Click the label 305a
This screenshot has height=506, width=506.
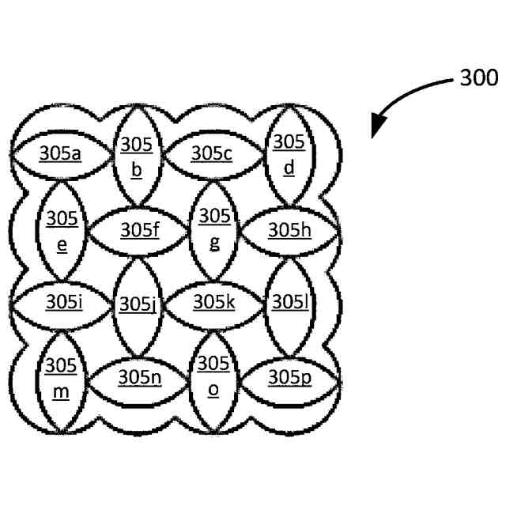pyautogui.click(x=59, y=153)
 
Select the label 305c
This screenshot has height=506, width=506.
pyautogui.click(x=212, y=153)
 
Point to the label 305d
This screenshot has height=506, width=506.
pyautogui.click(x=289, y=154)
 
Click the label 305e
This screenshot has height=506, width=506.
pyautogui.click(x=62, y=229)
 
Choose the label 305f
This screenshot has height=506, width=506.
pyautogui.click(x=140, y=230)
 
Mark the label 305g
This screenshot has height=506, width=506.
pyautogui.click(x=214, y=228)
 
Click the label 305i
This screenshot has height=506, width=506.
pyautogui.click(x=62, y=302)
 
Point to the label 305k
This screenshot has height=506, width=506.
pyautogui.click(x=214, y=302)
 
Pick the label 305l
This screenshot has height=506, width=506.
pyautogui.click(x=285, y=302)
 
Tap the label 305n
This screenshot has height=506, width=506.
pyautogui.click(x=140, y=377)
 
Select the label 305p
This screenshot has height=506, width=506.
pyautogui.click(x=289, y=377)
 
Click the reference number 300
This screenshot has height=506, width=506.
pyautogui.click(x=478, y=77)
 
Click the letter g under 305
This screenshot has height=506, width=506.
pyautogui.click(x=214, y=242)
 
